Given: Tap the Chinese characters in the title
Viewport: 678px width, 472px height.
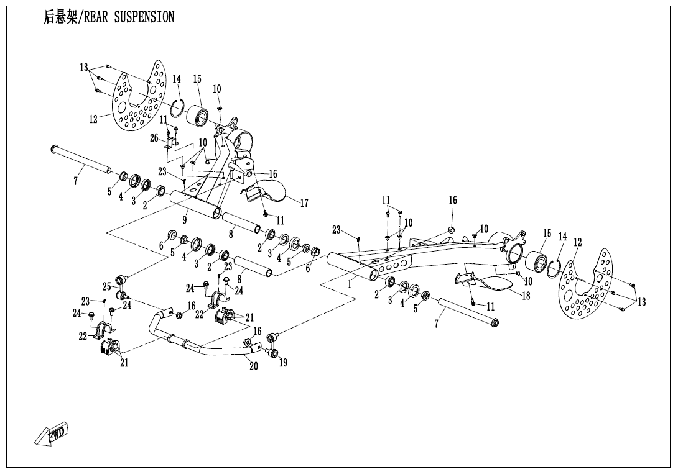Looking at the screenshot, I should (x=60, y=17).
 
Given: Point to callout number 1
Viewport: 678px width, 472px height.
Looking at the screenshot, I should (x=350, y=285).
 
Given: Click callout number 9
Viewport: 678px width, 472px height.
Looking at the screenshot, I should (x=185, y=220).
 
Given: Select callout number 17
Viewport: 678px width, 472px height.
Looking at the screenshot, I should (x=304, y=203).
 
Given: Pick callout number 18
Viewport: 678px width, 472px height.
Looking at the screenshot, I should (x=526, y=296).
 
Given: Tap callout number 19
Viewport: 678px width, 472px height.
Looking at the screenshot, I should (x=283, y=363).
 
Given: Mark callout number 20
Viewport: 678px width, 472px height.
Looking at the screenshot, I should (x=254, y=366).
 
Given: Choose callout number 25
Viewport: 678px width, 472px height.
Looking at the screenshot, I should (x=106, y=286).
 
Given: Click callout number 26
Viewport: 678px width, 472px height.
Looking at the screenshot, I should (x=154, y=138).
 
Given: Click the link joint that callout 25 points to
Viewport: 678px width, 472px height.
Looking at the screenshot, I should (x=121, y=278).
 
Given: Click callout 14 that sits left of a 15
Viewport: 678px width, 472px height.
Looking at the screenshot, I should (x=177, y=79).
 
